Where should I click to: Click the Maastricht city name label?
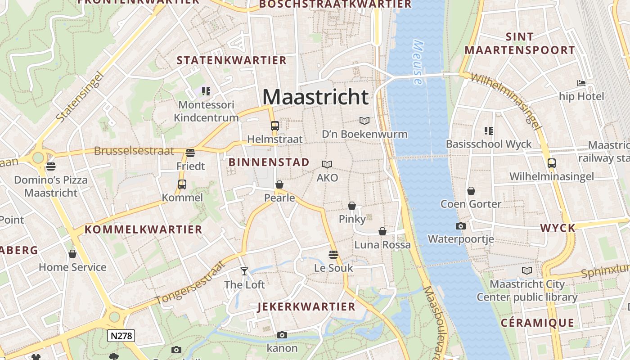(x=315, y=97)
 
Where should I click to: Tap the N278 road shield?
(x=121, y=335)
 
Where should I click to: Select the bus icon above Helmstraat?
(x=274, y=126)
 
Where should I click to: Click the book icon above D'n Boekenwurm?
(x=364, y=121)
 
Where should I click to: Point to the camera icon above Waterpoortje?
(x=460, y=226)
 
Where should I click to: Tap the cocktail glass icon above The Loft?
(x=244, y=271)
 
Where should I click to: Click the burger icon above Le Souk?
(x=333, y=255)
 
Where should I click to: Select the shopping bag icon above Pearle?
(x=279, y=184)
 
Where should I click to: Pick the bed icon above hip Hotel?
(x=581, y=83)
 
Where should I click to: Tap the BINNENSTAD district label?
(x=269, y=162)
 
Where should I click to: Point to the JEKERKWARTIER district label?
(x=306, y=307)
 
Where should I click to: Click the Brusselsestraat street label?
(x=134, y=151)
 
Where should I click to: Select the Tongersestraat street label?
(x=190, y=282)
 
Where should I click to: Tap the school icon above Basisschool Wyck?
(x=489, y=131)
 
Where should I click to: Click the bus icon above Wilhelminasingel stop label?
(x=552, y=163)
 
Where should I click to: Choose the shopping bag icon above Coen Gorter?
(x=471, y=191)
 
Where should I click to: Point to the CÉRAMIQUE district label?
(x=537, y=323)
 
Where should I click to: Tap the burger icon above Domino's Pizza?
(x=51, y=166)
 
